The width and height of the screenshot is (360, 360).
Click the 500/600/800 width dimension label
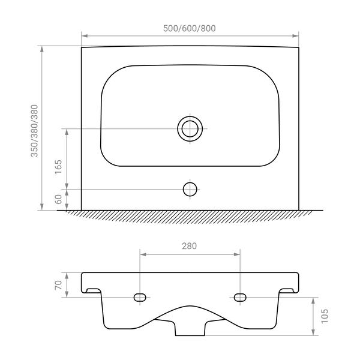pyautogui.click(x=190, y=28)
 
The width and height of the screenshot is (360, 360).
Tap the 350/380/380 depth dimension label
pyautogui.click(x=34, y=131)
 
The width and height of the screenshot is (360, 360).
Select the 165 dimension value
pyautogui.click(x=59, y=167)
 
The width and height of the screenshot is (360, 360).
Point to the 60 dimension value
pyautogui.click(x=59, y=199)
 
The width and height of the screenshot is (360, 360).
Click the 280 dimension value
pyautogui.click(x=190, y=246)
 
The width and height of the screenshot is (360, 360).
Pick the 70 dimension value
pyautogui.click(x=59, y=285)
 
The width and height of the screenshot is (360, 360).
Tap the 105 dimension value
pyautogui.click(x=325, y=316)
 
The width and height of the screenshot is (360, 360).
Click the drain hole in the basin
pyautogui.click(x=190, y=128)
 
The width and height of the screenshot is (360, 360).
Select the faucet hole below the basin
pyautogui.click(x=190, y=190)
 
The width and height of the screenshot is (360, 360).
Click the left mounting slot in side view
pyautogui.click(x=140, y=298)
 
